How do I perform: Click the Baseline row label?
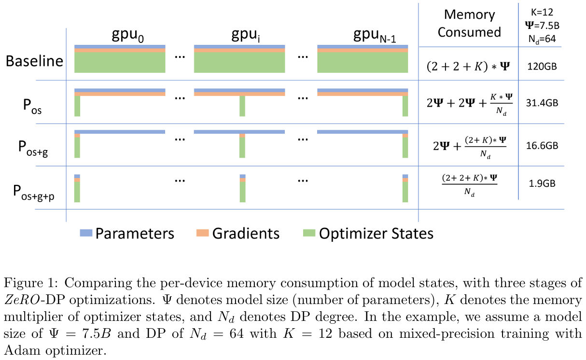tap(34, 61)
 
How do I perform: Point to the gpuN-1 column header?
tap(375, 35)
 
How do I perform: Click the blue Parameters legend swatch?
tap(85, 234)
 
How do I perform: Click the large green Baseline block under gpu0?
tap(120, 62)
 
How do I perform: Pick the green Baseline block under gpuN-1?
tap(363, 62)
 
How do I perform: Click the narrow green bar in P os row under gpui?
tap(242, 106)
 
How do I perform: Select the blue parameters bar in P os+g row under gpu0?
tap(120, 132)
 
